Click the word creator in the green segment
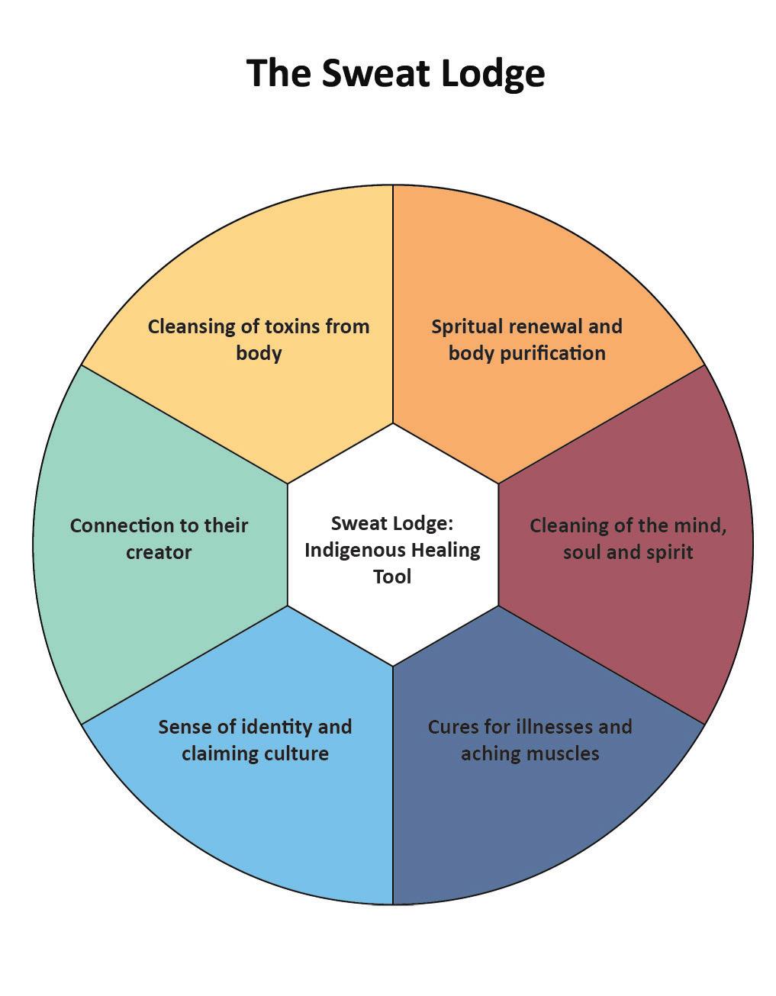click(159, 552)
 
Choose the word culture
click(294, 753)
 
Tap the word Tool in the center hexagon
click(392, 576)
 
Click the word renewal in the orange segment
click(546, 326)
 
